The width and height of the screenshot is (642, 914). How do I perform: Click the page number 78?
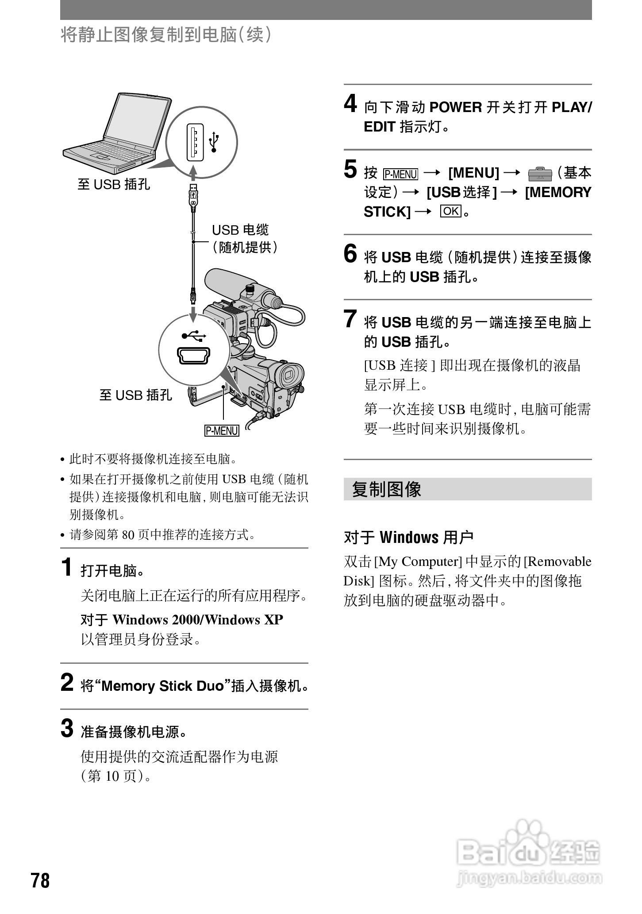pos(40,880)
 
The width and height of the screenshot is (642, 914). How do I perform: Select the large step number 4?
pos(350,105)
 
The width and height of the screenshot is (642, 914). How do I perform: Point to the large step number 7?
pos(350,319)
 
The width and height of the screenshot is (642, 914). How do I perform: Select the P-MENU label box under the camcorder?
pos(222,430)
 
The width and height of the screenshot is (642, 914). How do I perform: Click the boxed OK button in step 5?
pos(450,211)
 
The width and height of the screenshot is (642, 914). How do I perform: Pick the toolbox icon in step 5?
pos(540,174)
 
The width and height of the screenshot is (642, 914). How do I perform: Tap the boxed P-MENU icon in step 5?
pos(400,174)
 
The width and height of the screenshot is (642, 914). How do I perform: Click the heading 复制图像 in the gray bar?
pos(387,489)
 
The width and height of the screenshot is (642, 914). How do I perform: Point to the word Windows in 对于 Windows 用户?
pos(409,538)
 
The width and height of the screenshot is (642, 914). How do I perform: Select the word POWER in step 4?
pos(455,107)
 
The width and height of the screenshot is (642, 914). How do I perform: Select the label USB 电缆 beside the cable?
pos(240,230)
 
